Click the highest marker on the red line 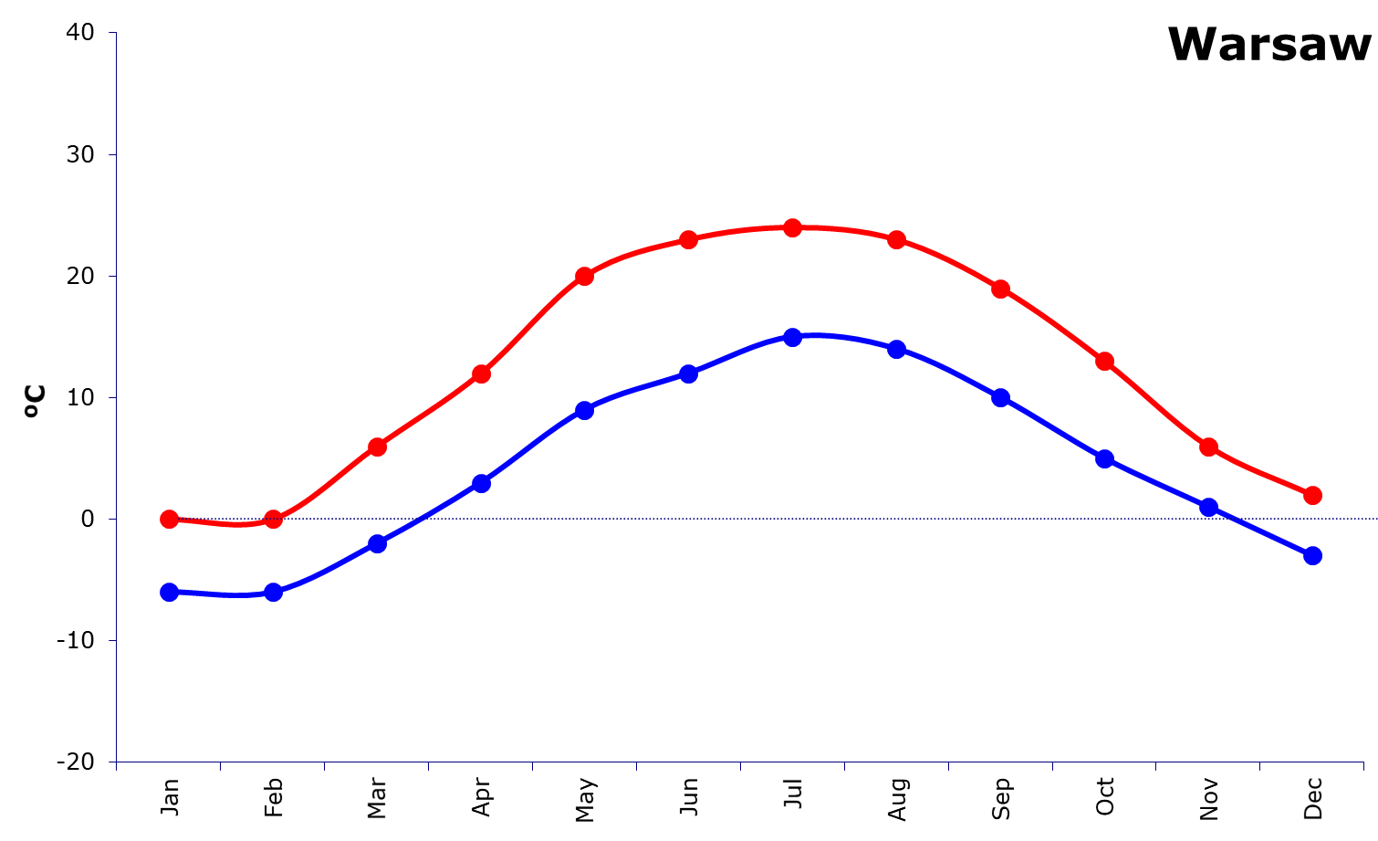tap(792, 227)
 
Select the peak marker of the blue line tap(792, 337)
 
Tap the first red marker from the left tap(169, 520)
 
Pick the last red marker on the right tap(1312, 495)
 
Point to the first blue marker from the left tap(169, 592)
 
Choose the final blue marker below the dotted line tap(1312, 555)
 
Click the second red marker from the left tap(273, 520)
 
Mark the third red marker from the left tap(377, 447)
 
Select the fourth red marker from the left tap(481, 373)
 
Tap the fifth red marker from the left tap(584, 276)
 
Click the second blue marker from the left tap(273, 592)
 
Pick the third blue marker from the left tap(377, 543)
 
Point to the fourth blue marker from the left tap(481, 482)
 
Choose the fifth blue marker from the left tap(584, 410)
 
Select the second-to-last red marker tap(1208, 447)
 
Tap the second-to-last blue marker tap(1208, 507)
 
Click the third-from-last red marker tap(1104, 361)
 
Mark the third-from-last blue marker tap(1104, 458)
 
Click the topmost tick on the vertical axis tap(112, 33)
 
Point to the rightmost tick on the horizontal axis tap(1363, 767)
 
